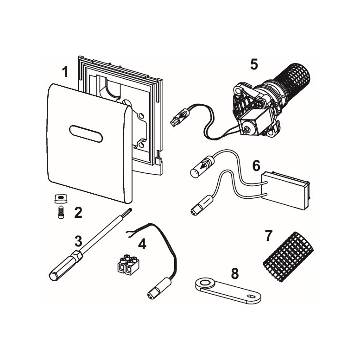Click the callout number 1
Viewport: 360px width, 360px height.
tap(65, 72)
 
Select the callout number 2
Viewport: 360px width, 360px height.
tap(78, 212)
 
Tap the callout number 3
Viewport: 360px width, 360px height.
tap(78, 241)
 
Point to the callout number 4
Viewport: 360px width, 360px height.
tap(142, 244)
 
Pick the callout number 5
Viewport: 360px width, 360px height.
tap(254, 64)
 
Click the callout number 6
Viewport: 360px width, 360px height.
tap(256, 165)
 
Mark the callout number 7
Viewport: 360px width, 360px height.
tap(268, 236)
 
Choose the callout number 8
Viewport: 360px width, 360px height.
tap(234, 274)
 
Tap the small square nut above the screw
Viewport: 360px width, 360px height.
tap(61, 198)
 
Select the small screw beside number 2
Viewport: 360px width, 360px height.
tap(61, 212)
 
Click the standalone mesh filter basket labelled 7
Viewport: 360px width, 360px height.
tap(288, 257)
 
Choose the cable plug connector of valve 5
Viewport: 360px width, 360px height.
tap(180, 117)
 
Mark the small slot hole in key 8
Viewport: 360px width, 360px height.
tap(251, 296)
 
